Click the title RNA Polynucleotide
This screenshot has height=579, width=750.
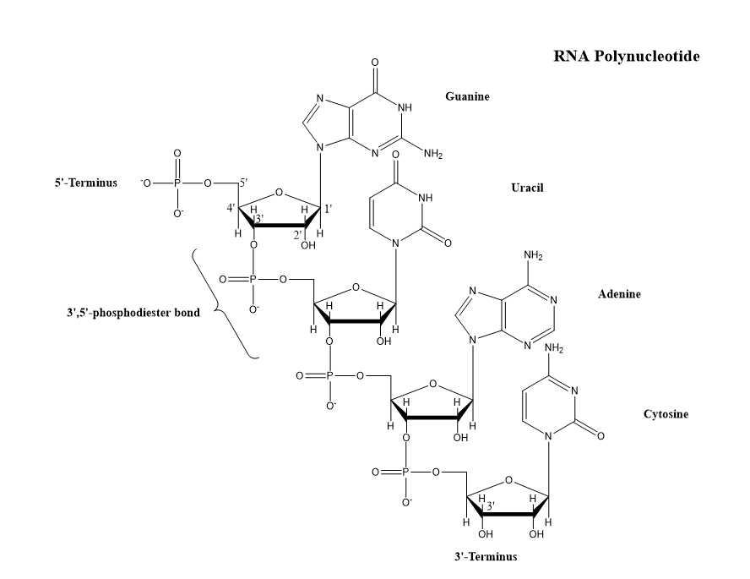[626, 57]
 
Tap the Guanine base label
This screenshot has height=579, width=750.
[467, 96]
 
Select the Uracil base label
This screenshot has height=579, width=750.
[527, 187]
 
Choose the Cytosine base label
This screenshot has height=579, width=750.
[666, 414]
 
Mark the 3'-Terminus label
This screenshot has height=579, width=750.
[485, 557]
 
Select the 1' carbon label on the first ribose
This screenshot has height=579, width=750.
[328, 208]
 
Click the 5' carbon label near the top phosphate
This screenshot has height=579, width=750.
[243, 183]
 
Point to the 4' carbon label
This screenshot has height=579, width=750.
[230, 208]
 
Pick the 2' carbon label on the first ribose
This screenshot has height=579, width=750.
[298, 233]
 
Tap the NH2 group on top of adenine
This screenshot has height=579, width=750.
[533, 255]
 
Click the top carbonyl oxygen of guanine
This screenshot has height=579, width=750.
[374, 63]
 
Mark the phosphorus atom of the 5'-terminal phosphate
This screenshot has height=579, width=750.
[177, 183]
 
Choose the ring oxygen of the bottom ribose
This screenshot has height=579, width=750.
[508, 480]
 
